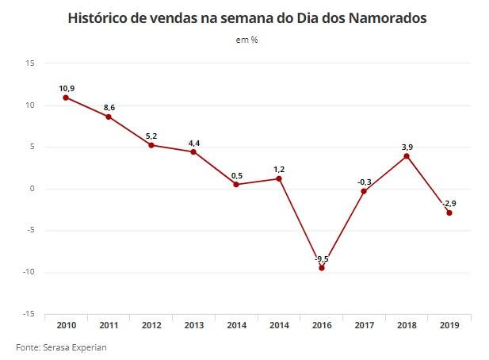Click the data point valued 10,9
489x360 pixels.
pyautogui.click(x=66, y=98)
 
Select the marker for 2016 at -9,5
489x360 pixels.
pyautogui.click(x=321, y=268)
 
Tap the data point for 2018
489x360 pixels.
pyautogui.click(x=407, y=156)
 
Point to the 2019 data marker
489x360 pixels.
pyautogui.click(x=449, y=213)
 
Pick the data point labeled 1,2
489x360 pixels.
pyautogui.click(x=279, y=178)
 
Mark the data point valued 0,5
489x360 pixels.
pyautogui.click(x=236, y=185)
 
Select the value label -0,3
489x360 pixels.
pyautogui.click(x=364, y=182)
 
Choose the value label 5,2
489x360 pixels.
pyautogui.click(x=151, y=136)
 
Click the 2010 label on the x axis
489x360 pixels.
pyautogui.click(x=66, y=324)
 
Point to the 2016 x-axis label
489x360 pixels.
pyautogui.click(x=321, y=324)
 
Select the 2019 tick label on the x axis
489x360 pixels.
pyautogui.click(x=449, y=324)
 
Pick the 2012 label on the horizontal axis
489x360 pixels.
pyautogui.click(x=151, y=324)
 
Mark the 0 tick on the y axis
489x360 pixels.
pyautogui.click(x=32, y=189)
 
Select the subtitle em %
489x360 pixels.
pyautogui.click(x=246, y=40)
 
